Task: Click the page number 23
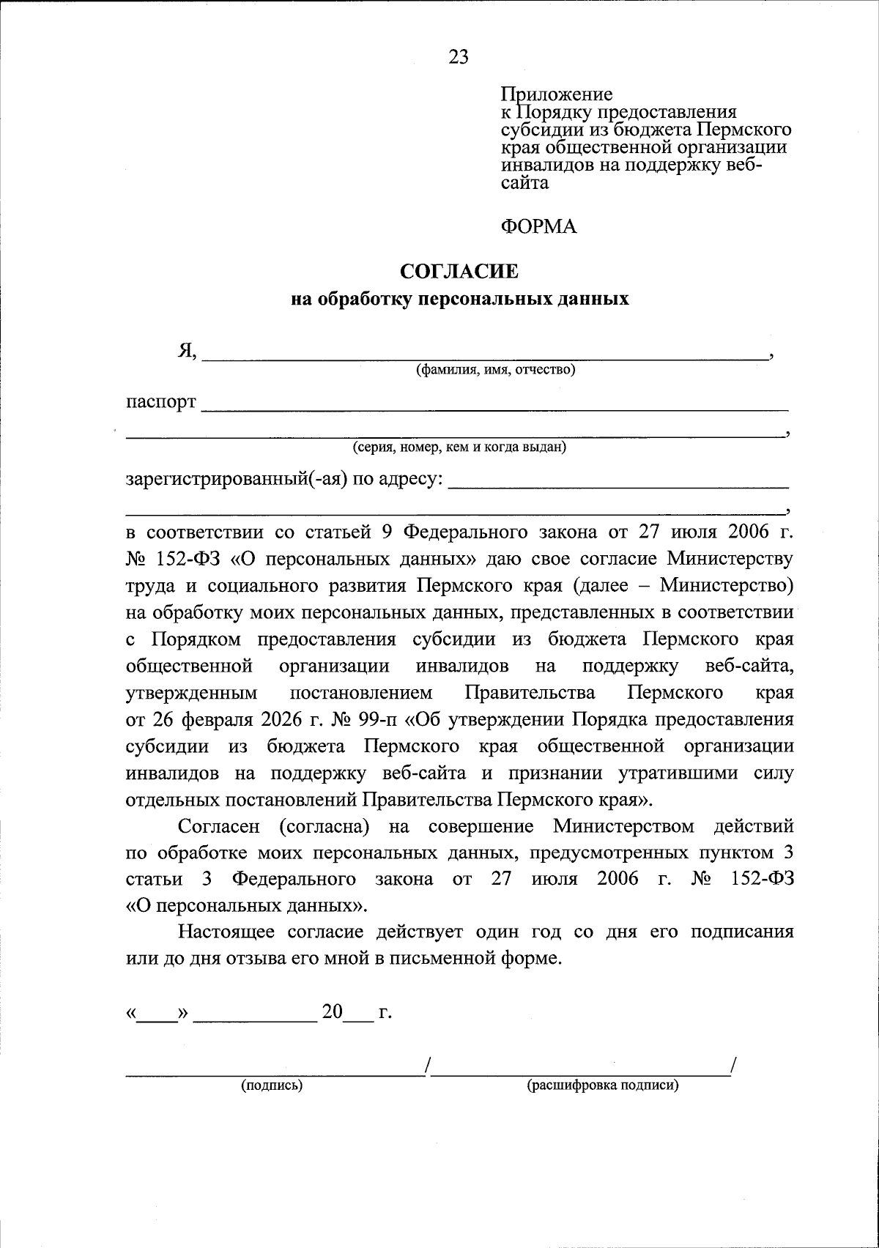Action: coord(459,58)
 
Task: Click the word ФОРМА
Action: coord(538,227)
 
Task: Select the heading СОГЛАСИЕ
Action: coord(459,272)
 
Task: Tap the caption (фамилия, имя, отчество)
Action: coord(495,370)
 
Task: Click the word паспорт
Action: coord(161,402)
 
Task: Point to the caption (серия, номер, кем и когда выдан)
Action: coord(459,447)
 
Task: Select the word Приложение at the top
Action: coord(557,94)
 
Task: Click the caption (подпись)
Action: coord(272,1085)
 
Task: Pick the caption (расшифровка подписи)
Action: coord(603,1085)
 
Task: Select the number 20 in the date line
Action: coord(333,1013)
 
